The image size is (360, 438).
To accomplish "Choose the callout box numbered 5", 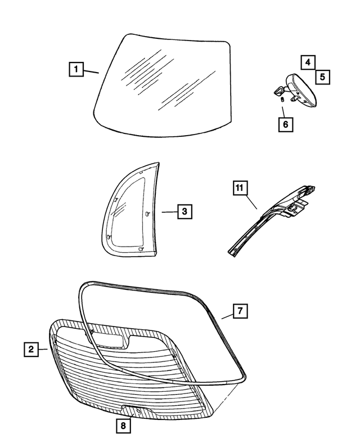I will coord(322,76).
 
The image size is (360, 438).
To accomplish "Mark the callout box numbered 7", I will coord(238,311).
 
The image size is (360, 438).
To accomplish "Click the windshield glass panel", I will coord(163,84).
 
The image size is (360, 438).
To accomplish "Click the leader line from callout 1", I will coord(91,71).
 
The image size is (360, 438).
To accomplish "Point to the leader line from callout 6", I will coord(283,109).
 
